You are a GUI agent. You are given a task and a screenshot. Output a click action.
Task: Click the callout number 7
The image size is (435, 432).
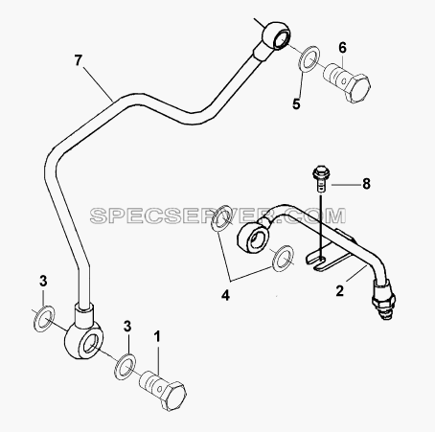tap(79, 60)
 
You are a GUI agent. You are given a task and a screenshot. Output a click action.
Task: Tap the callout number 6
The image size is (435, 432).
tap(342, 48)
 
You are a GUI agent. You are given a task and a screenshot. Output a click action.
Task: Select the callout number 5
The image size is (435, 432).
tap(296, 103)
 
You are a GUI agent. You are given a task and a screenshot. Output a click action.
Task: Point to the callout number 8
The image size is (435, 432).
tap(366, 184)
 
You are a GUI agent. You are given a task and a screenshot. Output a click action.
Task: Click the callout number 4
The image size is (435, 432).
tap(225, 296)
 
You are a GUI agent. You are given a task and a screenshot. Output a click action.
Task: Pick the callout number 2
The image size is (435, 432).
tap(339, 291)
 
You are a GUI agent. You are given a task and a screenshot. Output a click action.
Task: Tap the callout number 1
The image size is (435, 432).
tap(157, 336)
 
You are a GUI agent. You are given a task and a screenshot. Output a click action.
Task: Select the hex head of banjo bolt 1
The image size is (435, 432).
tap(172, 396)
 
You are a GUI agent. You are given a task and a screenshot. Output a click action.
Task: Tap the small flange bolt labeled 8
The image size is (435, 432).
tap(321, 178)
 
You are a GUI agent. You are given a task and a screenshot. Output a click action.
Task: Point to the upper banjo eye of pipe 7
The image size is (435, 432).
tap(277, 35)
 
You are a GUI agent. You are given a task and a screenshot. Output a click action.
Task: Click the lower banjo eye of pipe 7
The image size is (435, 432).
tap(83, 340)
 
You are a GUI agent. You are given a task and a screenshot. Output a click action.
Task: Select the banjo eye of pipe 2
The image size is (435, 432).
tap(254, 236)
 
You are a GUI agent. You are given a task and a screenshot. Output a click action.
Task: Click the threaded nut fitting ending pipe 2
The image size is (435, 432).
tap(384, 301)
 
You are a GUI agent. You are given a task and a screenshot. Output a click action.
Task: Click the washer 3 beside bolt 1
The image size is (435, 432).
tap(125, 367)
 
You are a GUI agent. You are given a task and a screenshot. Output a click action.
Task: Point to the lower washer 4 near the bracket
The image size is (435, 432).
tap(283, 259)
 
